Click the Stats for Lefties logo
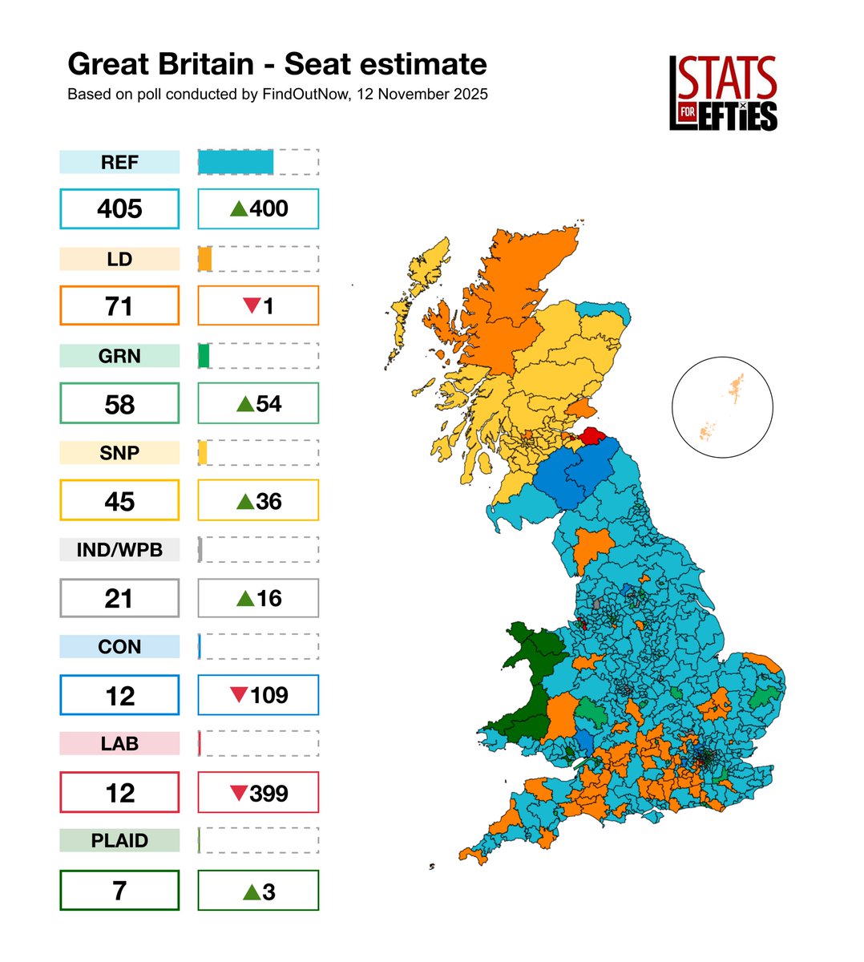click(x=723, y=94)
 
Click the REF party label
click(x=119, y=162)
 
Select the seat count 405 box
click(x=119, y=208)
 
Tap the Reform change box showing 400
click(x=258, y=208)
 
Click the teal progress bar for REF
click(x=236, y=162)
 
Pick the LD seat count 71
click(x=119, y=305)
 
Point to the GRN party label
click(x=119, y=356)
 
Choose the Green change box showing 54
click(x=258, y=403)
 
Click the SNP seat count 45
click(x=119, y=501)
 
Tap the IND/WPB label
click(x=119, y=550)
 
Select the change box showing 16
click(x=258, y=598)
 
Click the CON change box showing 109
click(x=258, y=695)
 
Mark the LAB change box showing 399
click(x=258, y=793)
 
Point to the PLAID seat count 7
click(x=119, y=891)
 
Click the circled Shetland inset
click(x=722, y=407)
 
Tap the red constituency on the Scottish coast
click(x=593, y=435)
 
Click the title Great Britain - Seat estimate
click(x=277, y=64)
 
